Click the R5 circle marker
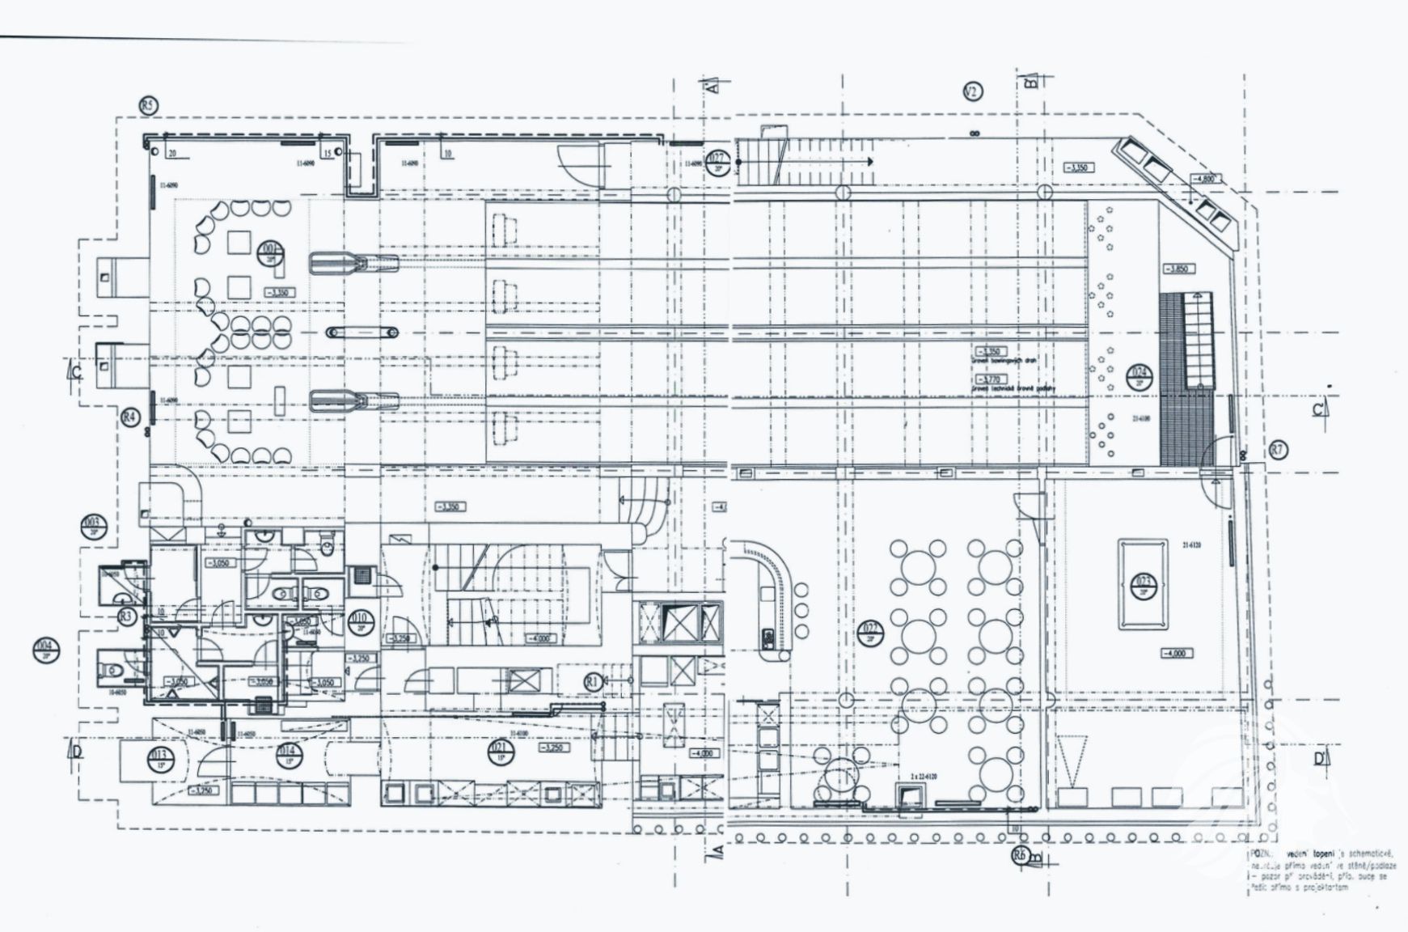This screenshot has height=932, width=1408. tap(148, 105)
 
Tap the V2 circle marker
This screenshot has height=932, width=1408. tap(973, 92)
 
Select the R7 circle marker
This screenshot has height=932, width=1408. tap(1278, 450)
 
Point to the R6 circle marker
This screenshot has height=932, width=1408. tap(1019, 854)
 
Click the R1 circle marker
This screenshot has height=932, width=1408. tap(593, 681)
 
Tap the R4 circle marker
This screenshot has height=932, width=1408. tap(129, 417)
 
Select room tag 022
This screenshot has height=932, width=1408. tap(871, 632)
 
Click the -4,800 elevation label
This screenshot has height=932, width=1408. tap(1205, 179)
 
